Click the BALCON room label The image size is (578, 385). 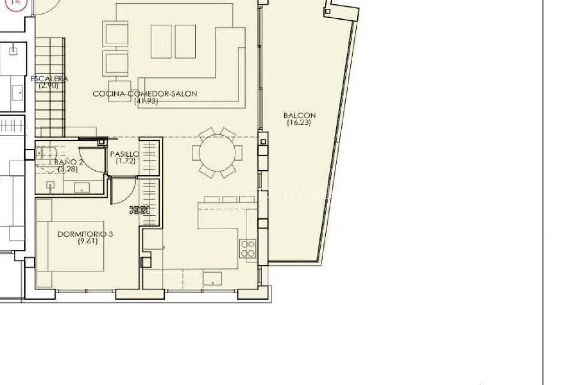point(300,115)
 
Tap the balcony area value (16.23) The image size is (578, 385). point(299,122)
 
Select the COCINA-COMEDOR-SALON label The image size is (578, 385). point(145,94)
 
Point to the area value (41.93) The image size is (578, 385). point(146,101)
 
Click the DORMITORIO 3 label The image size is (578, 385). point(85,234)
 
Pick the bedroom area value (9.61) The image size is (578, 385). point(88,241)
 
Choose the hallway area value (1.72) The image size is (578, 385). point(126,161)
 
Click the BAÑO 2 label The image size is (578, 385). point(69,162)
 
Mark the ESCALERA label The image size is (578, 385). point(49,79)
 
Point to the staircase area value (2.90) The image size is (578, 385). point(48,85)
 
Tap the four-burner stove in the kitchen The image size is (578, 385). point(248,248)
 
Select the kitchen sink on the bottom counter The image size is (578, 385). point(213,278)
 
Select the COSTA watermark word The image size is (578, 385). point(274,193)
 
